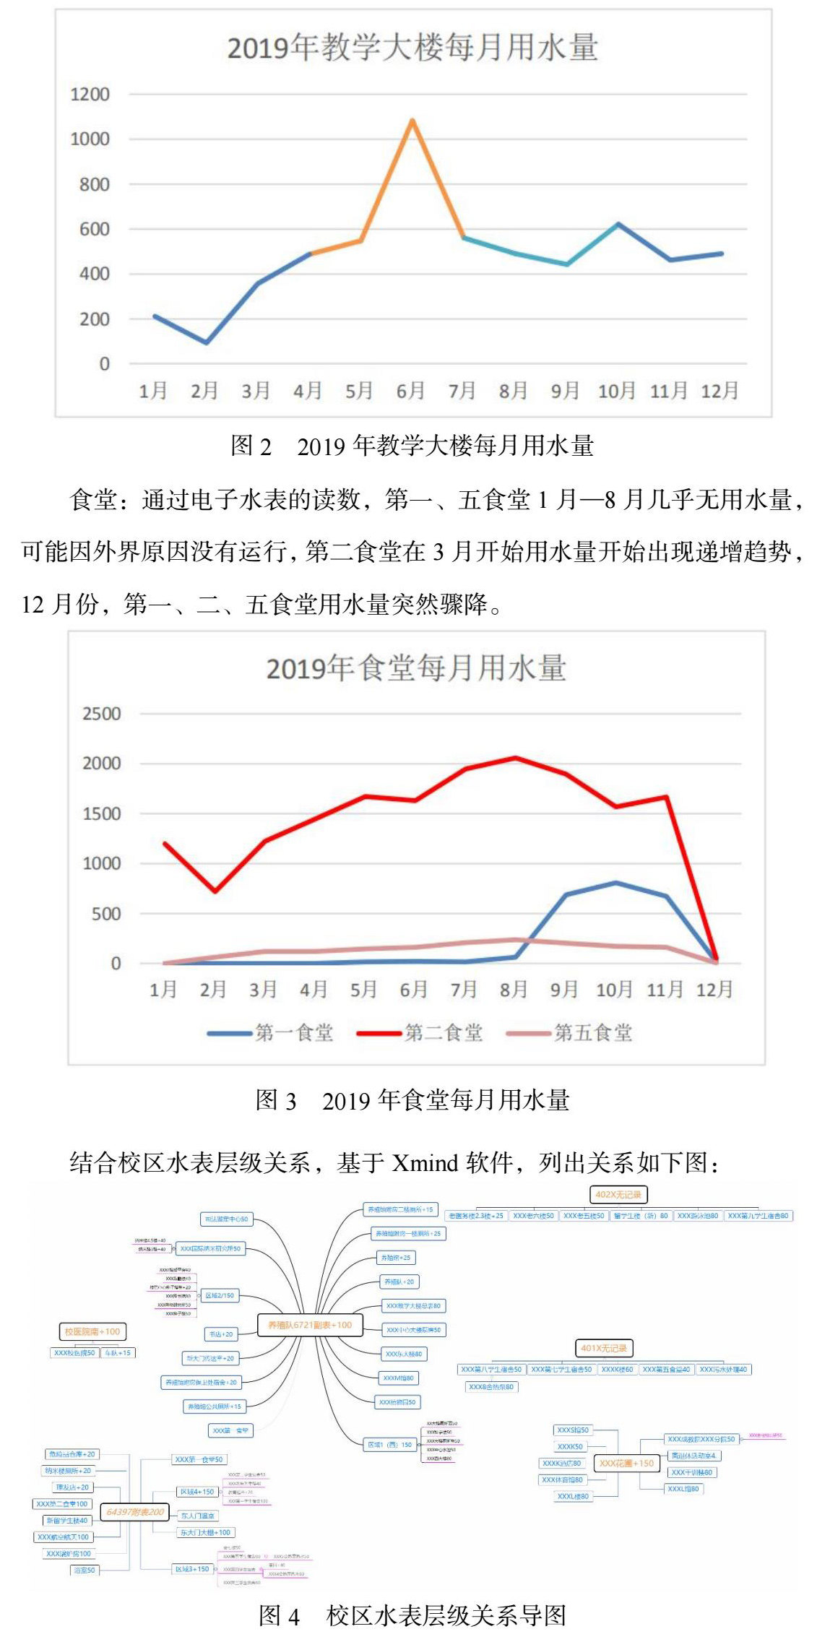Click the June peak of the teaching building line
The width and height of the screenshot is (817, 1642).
pos(412,121)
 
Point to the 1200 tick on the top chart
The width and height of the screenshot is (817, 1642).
pos(90,95)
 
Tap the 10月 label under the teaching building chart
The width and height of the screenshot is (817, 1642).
pos(616,391)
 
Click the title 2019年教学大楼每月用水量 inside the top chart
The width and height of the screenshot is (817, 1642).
pos(412,48)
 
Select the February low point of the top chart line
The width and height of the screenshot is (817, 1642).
pos(207,342)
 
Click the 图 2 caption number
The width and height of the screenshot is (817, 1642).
pos(251,446)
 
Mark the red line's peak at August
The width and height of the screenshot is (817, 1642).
pos(515,758)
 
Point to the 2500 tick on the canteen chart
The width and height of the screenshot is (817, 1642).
pos(101,714)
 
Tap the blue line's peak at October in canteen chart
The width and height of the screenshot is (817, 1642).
pos(615,883)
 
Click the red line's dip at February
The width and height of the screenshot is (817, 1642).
pos(215,891)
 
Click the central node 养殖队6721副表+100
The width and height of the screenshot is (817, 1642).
pos(310,1325)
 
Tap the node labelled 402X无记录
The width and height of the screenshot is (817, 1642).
pos(618,1194)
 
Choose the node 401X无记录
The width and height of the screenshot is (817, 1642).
pos(604,1347)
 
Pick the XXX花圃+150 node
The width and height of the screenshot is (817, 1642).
pos(626,1463)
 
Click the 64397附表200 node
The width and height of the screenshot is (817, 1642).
pos(135,1511)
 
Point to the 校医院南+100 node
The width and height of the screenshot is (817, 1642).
pos(92,1331)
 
